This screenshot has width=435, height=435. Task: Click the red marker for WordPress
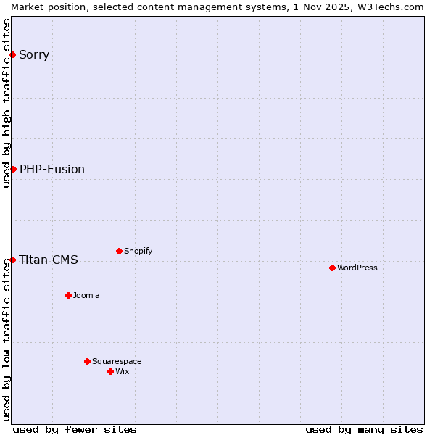pyautogui.click(x=332, y=268)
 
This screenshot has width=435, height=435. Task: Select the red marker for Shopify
pyautogui.click(x=119, y=251)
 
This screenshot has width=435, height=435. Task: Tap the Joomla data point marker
pyautogui.click(x=68, y=295)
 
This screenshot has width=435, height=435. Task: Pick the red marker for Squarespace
pyautogui.click(x=87, y=361)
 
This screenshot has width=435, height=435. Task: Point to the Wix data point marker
pyautogui.click(x=110, y=371)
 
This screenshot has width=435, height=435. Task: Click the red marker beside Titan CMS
pyautogui.click(x=13, y=260)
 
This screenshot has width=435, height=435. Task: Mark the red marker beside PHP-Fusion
pyautogui.click(x=13, y=169)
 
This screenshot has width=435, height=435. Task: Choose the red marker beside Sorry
pyautogui.click(x=13, y=54)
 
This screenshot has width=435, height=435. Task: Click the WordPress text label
pyautogui.click(x=357, y=268)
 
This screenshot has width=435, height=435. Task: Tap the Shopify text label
pyautogui.click(x=138, y=251)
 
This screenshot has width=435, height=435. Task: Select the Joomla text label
pyautogui.click(x=86, y=295)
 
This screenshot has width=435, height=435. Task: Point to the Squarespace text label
pyautogui.click(x=117, y=361)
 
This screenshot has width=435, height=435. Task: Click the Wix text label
pyautogui.click(x=122, y=371)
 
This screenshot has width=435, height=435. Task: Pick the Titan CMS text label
pyautogui.click(x=49, y=260)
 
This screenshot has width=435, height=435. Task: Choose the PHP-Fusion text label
pyautogui.click(x=52, y=169)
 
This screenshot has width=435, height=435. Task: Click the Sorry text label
pyautogui.click(x=34, y=54)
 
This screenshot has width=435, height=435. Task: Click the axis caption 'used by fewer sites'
pyautogui.click(x=75, y=429)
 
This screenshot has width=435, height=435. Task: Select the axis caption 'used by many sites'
pyautogui.click(x=364, y=429)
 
